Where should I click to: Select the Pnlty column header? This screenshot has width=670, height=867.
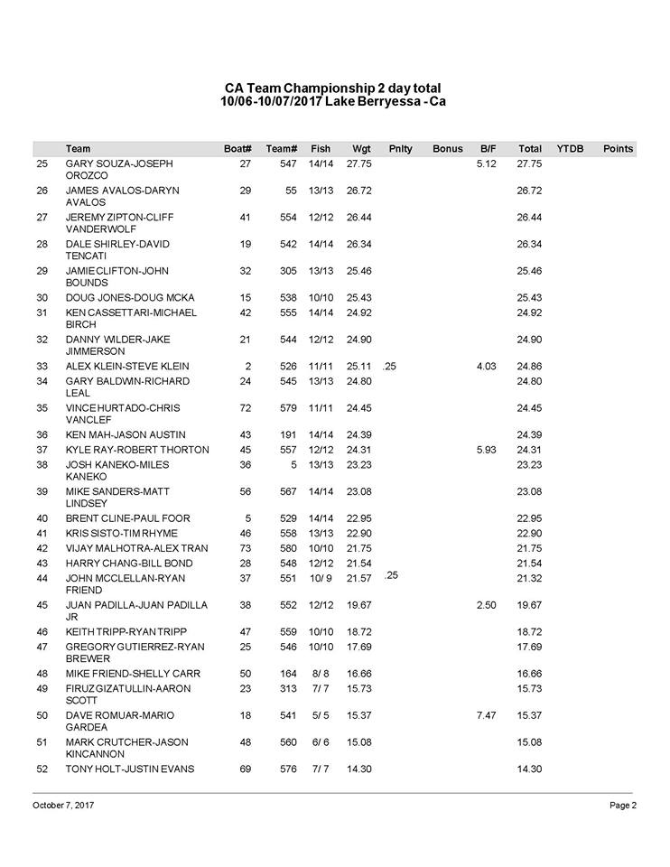click(x=400, y=148)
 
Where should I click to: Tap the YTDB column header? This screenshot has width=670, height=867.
click(x=570, y=148)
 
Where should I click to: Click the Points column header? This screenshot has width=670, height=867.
click(x=618, y=148)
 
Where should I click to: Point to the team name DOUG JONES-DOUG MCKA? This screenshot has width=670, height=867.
click(x=130, y=298)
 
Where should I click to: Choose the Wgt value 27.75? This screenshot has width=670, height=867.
click(x=360, y=164)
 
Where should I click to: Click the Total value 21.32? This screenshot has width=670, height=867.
click(x=529, y=578)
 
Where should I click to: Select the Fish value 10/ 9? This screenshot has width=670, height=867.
click(x=321, y=578)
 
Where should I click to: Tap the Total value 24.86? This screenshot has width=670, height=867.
click(x=529, y=367)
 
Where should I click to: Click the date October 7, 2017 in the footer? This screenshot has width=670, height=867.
click(x=63, y=805)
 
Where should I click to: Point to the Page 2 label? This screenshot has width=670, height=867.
click(x=623, y=805)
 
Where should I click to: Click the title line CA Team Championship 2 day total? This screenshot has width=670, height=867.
click(x=333, y=88)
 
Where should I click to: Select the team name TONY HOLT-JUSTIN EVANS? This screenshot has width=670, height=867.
click(x=130, y=769)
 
